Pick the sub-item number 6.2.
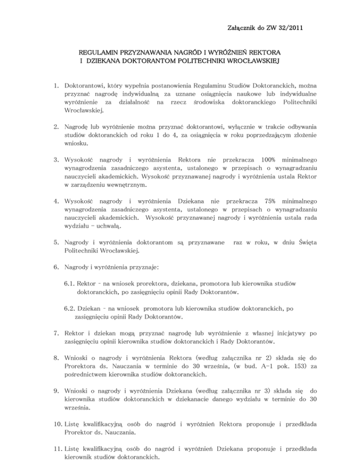click(x=70, y=309)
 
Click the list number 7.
click(x=55, y=334)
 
